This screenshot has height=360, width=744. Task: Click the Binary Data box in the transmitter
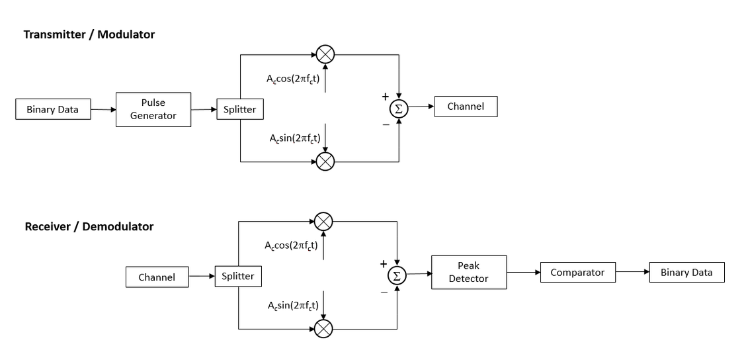click(52, 109)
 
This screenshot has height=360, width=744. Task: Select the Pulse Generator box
click(153, 109)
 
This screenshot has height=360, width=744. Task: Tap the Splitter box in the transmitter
click(239, 109)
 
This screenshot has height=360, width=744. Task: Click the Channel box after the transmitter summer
click(466, 107)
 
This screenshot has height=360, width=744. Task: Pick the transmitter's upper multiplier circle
click(325, 54)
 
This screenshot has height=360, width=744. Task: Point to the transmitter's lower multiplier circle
click(325, 161)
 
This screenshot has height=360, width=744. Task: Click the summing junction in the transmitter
click(399, 109)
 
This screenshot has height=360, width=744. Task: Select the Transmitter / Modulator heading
click(89, 34)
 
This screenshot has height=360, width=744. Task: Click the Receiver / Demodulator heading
click(89, 226)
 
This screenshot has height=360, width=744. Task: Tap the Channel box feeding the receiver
click(157, 277)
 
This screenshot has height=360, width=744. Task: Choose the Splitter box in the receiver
click(237, 276)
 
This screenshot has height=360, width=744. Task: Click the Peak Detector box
click(468, 272)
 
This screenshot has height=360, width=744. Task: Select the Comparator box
click(577, 272)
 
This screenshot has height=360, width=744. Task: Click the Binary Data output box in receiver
click(686, 272)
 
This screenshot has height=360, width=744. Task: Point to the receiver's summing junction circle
click(397, 276)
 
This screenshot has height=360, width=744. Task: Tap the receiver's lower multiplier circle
click(323, 328)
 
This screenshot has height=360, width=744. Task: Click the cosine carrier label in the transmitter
click(293, 79)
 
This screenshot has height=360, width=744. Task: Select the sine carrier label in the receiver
click(293, 305)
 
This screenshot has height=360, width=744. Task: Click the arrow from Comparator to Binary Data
click(632, 272)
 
